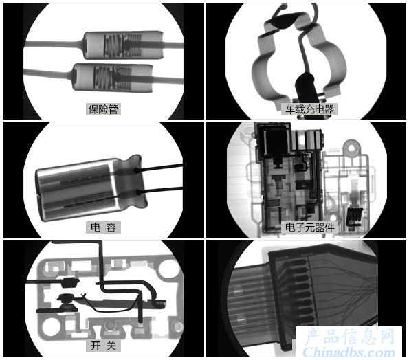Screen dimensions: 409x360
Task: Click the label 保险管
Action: (103, 109)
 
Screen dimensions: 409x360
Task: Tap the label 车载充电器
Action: (309, 109)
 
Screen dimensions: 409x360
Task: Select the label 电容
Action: (103, 227)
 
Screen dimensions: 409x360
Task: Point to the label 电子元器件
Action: (309, 227)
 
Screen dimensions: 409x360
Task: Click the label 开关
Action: (103, 346)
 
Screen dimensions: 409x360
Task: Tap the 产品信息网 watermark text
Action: (349, 337)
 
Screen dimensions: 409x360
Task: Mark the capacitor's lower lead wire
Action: (159, 190)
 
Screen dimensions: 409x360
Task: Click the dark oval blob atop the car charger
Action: (283, 21)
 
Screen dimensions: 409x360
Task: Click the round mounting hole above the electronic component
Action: (353, 148)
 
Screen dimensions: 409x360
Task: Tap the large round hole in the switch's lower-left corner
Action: (50, 326)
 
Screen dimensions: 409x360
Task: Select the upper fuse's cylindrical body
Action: (124, 45)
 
